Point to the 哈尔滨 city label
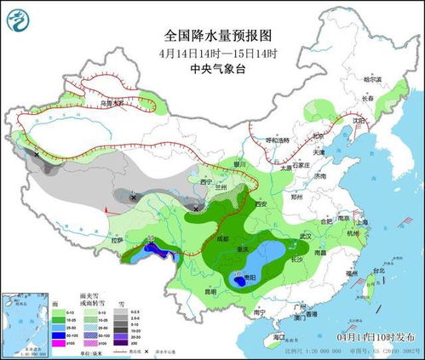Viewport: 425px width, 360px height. click(x=373, y=79)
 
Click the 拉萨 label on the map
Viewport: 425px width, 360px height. click(x=117, y=240)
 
